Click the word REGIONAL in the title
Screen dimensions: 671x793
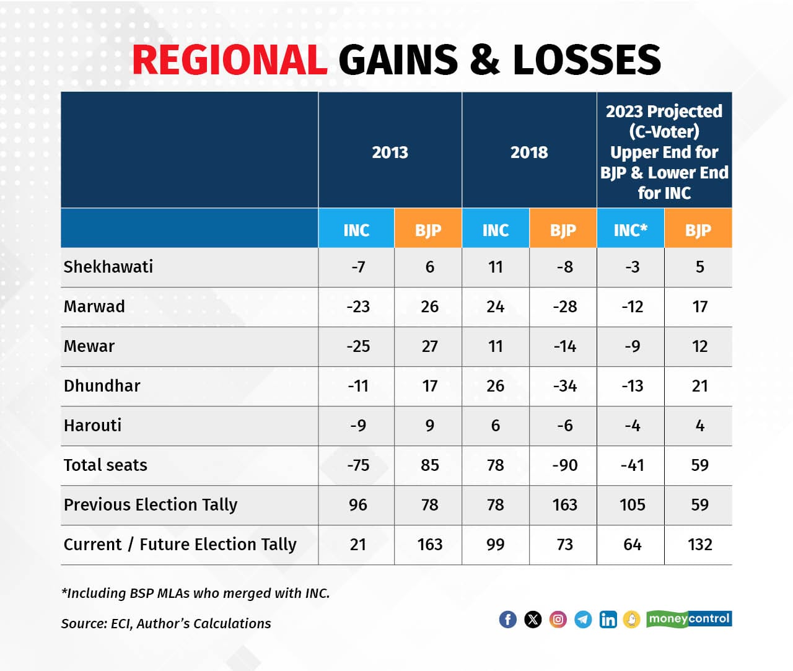tap(229, 60)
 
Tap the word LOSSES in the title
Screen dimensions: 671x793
tap(587, 60)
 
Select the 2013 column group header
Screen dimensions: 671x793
tap(390, 152)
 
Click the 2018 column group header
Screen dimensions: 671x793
tap(529, 152)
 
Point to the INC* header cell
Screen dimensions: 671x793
tap(630, 230)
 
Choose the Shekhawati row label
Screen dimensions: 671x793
tap(108, 267)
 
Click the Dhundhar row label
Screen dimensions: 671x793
tap(102, 386)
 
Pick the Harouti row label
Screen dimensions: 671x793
tap(93, 426)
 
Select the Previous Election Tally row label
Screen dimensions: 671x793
tap(151, 505)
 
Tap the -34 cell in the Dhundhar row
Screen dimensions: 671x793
tap(564, 386)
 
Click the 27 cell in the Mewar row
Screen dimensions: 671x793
tap(429, 346)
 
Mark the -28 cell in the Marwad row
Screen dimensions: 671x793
tap(564, 307)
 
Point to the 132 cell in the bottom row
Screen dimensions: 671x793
tap(699, 545)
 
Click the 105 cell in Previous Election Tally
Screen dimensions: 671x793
tap(632, 505)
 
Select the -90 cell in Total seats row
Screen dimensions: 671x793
tap(564, 465)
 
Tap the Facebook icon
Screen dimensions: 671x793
tap(507, 619)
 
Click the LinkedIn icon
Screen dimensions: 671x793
tap(608, 619)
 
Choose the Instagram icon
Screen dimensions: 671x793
tap(558, 619)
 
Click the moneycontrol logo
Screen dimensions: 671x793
tap(689, 618)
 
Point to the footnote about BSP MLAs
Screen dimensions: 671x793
tap(195, 593)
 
